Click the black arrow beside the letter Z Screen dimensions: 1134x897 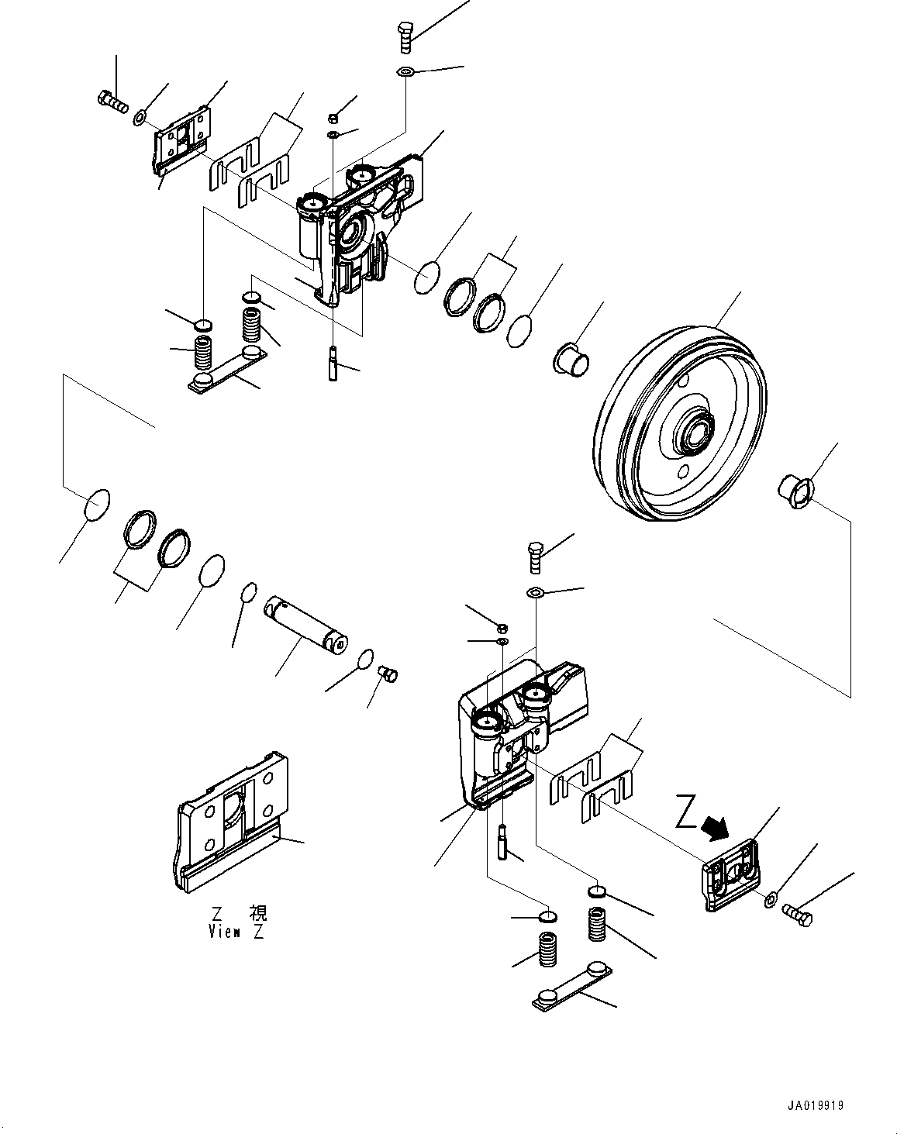[x=714, y=828]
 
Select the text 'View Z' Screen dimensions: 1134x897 [x=236, y=932]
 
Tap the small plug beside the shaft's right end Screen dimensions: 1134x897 [x=387, y=673]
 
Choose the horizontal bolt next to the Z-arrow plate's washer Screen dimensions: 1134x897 [x=798, y=915]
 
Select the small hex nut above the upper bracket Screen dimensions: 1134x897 [x=331, y=118]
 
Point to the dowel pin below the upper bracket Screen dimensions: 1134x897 [x=333, y=362]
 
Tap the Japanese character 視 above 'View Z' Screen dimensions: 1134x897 [x=257, y=913]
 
